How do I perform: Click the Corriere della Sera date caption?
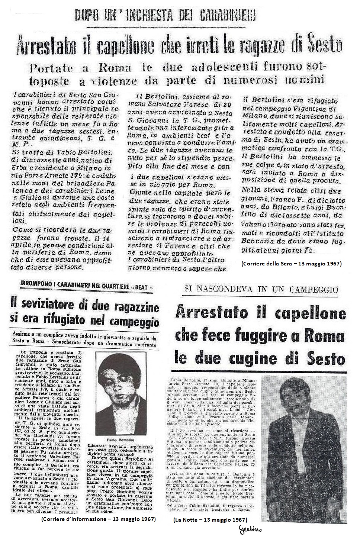pos(291,264)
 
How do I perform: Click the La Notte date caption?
pos(210,519)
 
